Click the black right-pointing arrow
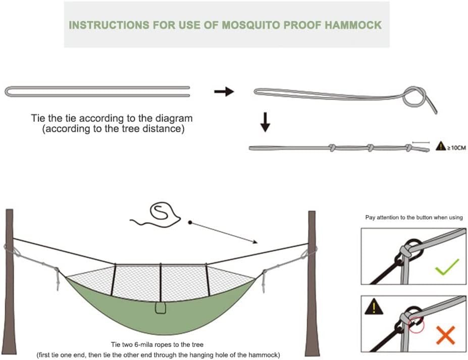pyautogui.click(x=224, y=91)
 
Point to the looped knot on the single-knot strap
pyautogui.click(x=414, y=95)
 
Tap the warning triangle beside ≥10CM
pyautogui.click(x=440, y=146)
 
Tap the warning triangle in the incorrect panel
pyautogui.click(x=374, y=306)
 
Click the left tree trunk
pyautogui.click(x=10, y=283)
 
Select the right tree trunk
pyautogui.click(x=312, y=283)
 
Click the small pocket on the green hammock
pyautogui.click(x=161, y=308)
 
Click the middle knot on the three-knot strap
pyautogui.click(x=370, y=148)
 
